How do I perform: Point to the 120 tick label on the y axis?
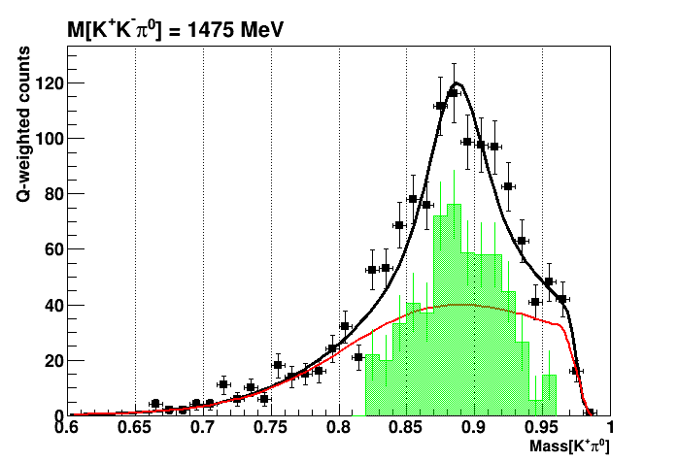coord(45,83)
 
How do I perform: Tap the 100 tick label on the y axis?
coord(45,139)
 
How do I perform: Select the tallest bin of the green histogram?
coord(454,206)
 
